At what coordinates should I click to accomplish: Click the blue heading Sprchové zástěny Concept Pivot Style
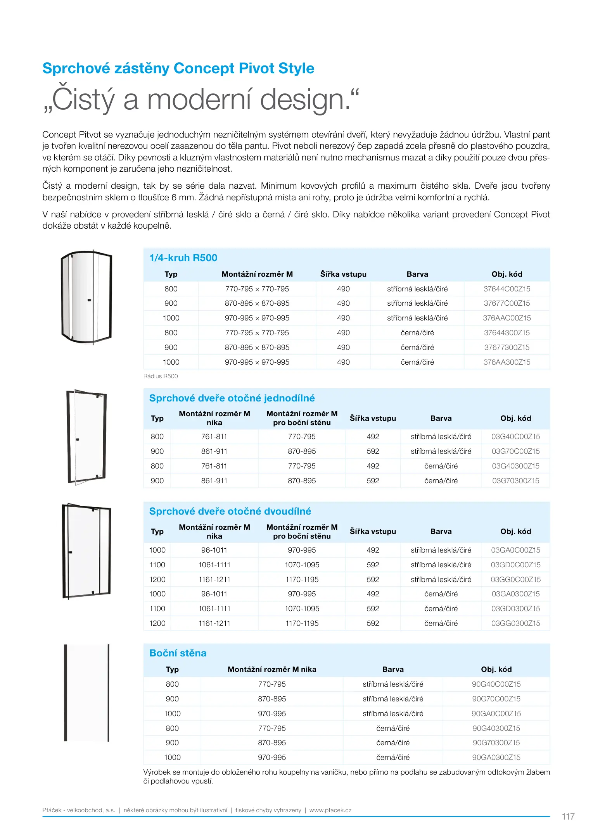click(178, 68)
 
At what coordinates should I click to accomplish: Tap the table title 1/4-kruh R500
click(183, 258)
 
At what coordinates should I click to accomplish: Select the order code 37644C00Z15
click(507, 289)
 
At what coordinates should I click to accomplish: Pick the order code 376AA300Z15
click(507, 362)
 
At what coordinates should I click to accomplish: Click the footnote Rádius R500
click(161, 376)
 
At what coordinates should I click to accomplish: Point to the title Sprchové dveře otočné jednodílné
click(232, 398)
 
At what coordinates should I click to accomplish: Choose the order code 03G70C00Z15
click(515, 451)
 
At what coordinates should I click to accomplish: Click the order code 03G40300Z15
click(515, 466)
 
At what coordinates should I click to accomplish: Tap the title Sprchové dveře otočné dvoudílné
click(230, 511)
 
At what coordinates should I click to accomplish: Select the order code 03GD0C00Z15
click(515, 565)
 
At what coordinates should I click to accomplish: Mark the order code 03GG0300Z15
click(515, 623)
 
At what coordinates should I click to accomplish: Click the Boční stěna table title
click(178, 653)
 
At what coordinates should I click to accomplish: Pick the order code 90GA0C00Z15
click(496, 713)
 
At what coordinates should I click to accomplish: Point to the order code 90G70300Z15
click(496, 742)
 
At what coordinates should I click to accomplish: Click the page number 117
click(568, 816)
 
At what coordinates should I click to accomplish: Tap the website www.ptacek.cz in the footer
click(330, 810)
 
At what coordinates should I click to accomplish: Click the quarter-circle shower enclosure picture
click(86, 297)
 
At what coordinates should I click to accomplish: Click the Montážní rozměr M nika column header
click(272, 669)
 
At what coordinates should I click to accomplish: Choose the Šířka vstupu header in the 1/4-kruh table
click(343, 274)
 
